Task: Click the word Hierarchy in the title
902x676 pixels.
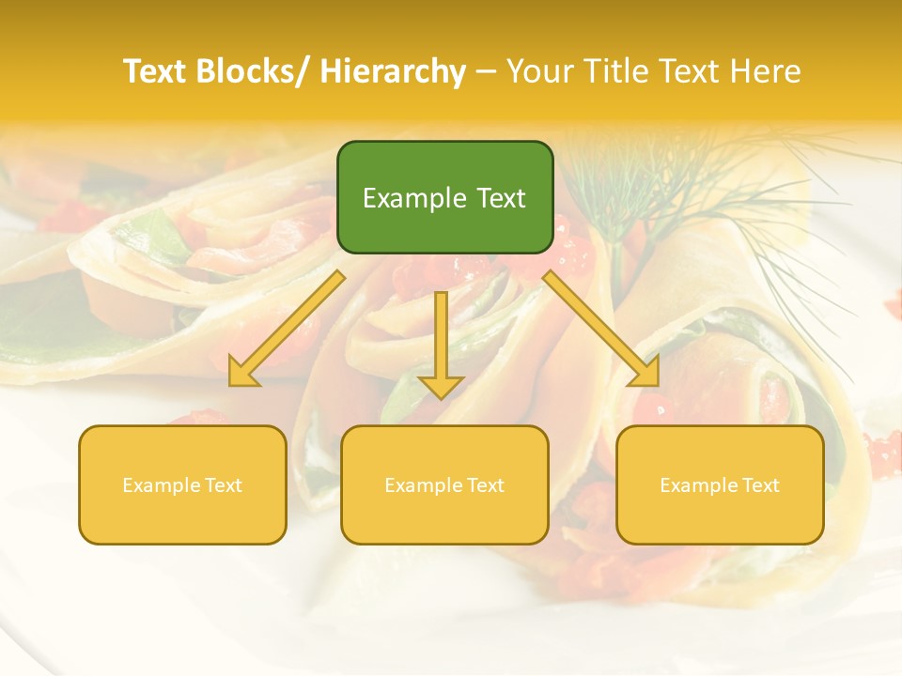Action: tap(393, 71)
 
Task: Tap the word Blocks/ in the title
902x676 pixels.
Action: tap(248, 71)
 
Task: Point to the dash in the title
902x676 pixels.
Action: tap(486, 71)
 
